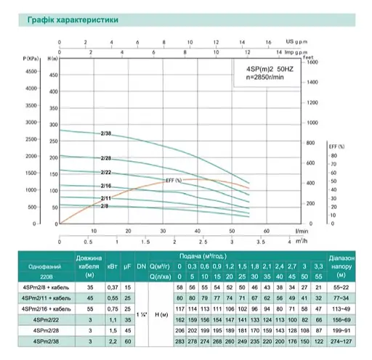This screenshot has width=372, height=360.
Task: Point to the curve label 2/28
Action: (106, 159)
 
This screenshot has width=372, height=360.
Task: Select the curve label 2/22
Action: (106, 173)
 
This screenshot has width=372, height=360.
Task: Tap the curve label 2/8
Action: (104, 207)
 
